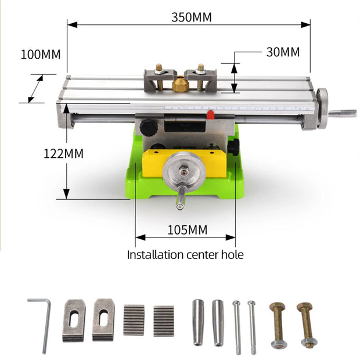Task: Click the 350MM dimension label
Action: pyautogui.click(x=191, y=17)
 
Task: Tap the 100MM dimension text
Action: pyautogui.click(x=40, y=55)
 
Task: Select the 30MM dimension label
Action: pyautogui.click(x=283, y=52)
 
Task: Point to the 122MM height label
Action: pyautogui.click(x=63, y=154)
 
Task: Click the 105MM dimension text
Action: pyautogui.click(x=187, y=229)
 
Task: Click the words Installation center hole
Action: pyautogui.click(x=185, y=254)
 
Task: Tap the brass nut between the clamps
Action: pyautogui.click(x=181, y=85)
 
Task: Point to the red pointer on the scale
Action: pyautogui.click(x=211, y=114)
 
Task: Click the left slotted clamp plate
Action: pyautogui.click(x=74, y=319)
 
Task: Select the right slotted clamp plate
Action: pyautogui.click(x=103, y=319)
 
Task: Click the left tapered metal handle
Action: pyautogui.click(x=199, y=322)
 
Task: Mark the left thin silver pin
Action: pyautogui.click(x=237, y=326)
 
